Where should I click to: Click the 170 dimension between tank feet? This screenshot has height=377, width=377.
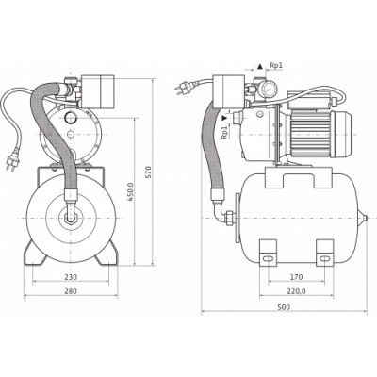tap(296, 278)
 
